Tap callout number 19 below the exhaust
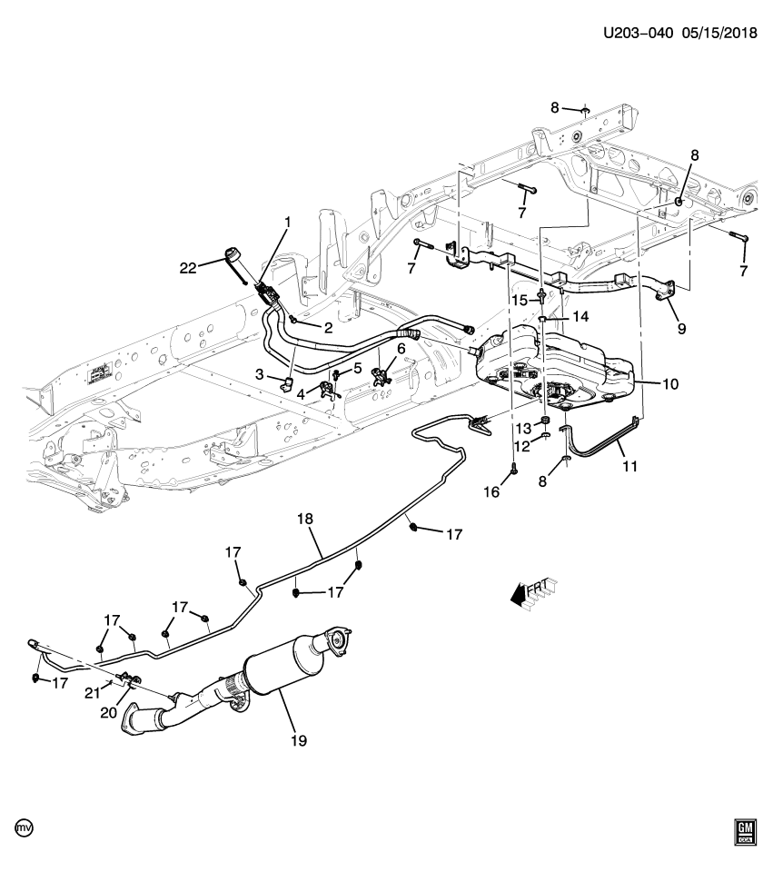click(x=299, y=741)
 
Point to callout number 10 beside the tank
click(x=669, y=384)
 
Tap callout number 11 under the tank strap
click(x=629, y=468)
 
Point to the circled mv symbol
click(x=24, y=828)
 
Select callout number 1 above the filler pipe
click(x=288, y=223)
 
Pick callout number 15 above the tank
click(x=519, y=300)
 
